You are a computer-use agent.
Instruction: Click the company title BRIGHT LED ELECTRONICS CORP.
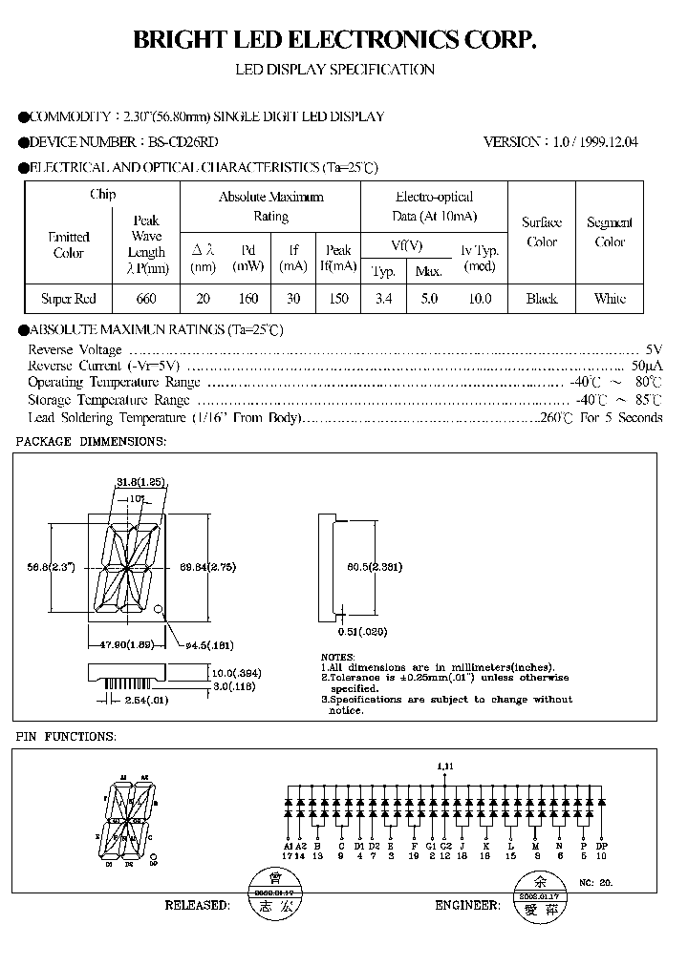click(334, 39)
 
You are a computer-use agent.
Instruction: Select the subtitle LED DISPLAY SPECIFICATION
click(334, 70)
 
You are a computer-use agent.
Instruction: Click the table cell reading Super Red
click(69, 299)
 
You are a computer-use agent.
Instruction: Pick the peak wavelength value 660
click(146, 299)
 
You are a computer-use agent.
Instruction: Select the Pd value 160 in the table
click(247, 299)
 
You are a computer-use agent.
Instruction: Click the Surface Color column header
click(542, 232)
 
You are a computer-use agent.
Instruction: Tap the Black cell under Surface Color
click(542, 299)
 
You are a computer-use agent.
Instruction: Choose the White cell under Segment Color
click(610, 299)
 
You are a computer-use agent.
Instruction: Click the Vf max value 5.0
click(429, 299)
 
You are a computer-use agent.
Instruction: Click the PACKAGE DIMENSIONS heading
click(92, 442)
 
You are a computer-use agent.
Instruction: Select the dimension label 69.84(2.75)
click(208, 566)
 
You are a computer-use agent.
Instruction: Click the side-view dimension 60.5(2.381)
click(374, 566)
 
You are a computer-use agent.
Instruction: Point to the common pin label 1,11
click(444, 766)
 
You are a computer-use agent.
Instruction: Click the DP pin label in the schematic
click(601, 846)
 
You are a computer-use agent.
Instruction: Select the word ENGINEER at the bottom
click(467, 904)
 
